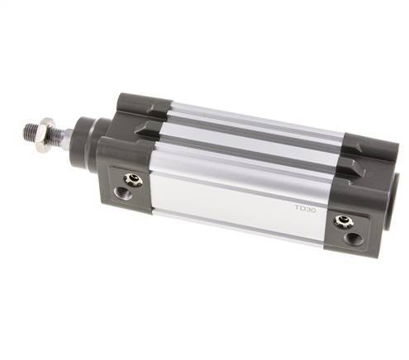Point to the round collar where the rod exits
click(89, 140)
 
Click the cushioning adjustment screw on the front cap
click(133, 179)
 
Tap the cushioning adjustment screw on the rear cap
click(344, 221)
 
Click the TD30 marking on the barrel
click(305, 208)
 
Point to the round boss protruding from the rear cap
click(395, 200)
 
